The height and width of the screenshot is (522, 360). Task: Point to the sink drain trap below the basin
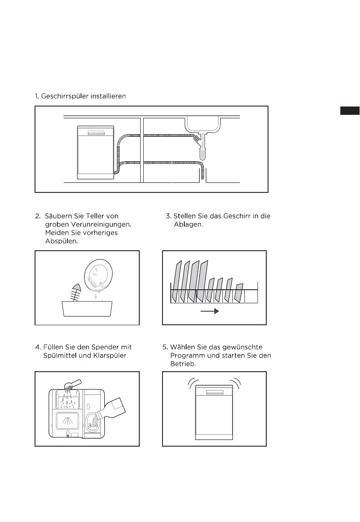tap(203, 151)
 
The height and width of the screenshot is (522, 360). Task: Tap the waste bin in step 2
tap(87, 309)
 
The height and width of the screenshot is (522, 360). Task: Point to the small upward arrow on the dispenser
tap(67, 433)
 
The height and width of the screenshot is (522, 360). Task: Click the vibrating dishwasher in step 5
tap(214, 412)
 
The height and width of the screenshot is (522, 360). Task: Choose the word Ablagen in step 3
tap(187, 224)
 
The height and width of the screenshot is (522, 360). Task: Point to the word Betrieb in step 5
tap(181, 364)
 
